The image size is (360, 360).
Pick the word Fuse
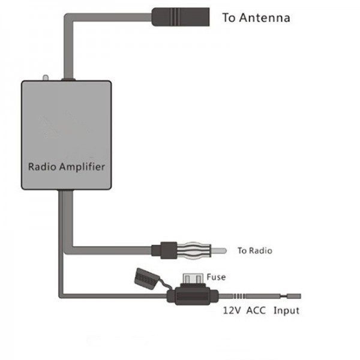pyautogui.click(x=215, y=278)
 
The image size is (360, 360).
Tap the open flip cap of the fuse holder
pyautogui.click(x=144, y=277)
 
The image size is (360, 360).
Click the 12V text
pyautogui.click(x=232, y=311)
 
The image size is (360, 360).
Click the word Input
pyautogui.click(x=286, y=311)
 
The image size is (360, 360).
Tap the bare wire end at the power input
pyautogui.click(x=295, y=295)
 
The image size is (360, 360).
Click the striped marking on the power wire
pyautogui.click(x=239, y=295)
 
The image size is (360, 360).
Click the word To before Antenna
pyautogui.click(x=229, y=17)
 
